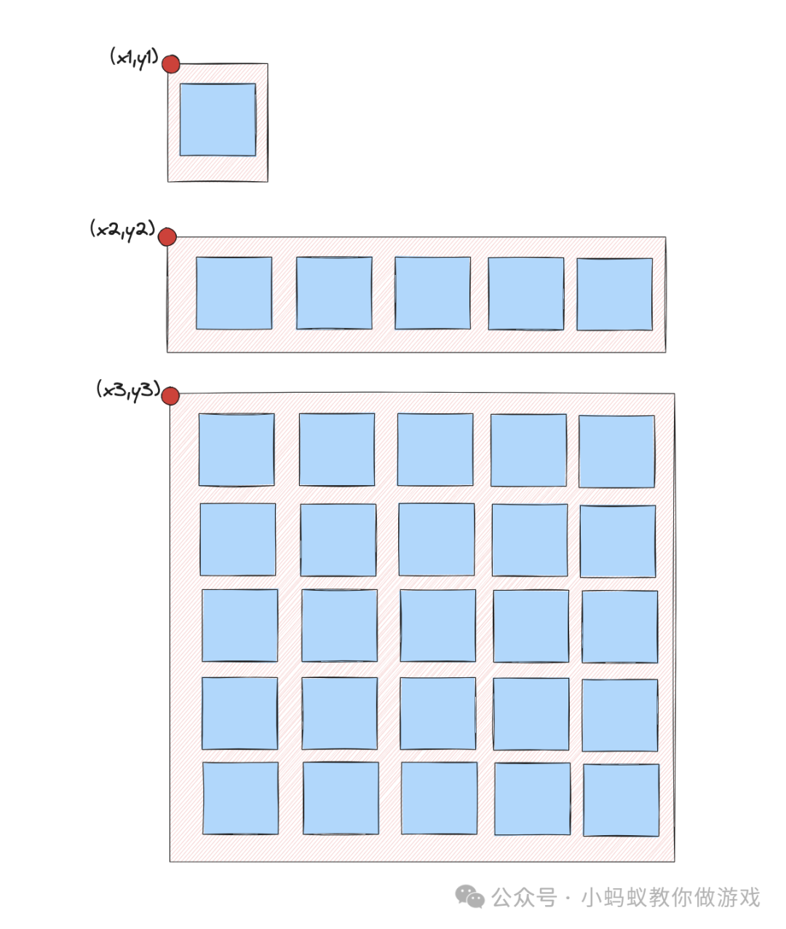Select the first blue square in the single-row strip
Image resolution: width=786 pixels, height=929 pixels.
(234, 292)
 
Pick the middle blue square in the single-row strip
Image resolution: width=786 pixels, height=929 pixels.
(432, 292)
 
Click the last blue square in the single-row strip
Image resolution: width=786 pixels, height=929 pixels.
(614, 294)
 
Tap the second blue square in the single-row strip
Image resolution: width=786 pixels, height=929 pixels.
(334, 292)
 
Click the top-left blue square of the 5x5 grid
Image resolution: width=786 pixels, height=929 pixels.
(237, 450)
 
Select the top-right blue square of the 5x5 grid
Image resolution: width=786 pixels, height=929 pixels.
(616, 451)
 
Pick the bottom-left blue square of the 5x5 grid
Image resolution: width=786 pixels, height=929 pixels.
(240, 798)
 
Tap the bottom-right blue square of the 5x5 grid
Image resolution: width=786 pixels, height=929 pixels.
(621, 800)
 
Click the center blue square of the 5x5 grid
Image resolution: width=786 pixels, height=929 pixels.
(437, 626)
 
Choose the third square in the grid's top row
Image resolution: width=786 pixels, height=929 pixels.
(435, 450)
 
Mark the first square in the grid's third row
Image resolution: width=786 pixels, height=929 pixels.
(239, 625)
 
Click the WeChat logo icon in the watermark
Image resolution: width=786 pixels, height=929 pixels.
(470, 897)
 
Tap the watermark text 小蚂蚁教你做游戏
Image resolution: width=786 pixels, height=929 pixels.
(670, 897)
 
